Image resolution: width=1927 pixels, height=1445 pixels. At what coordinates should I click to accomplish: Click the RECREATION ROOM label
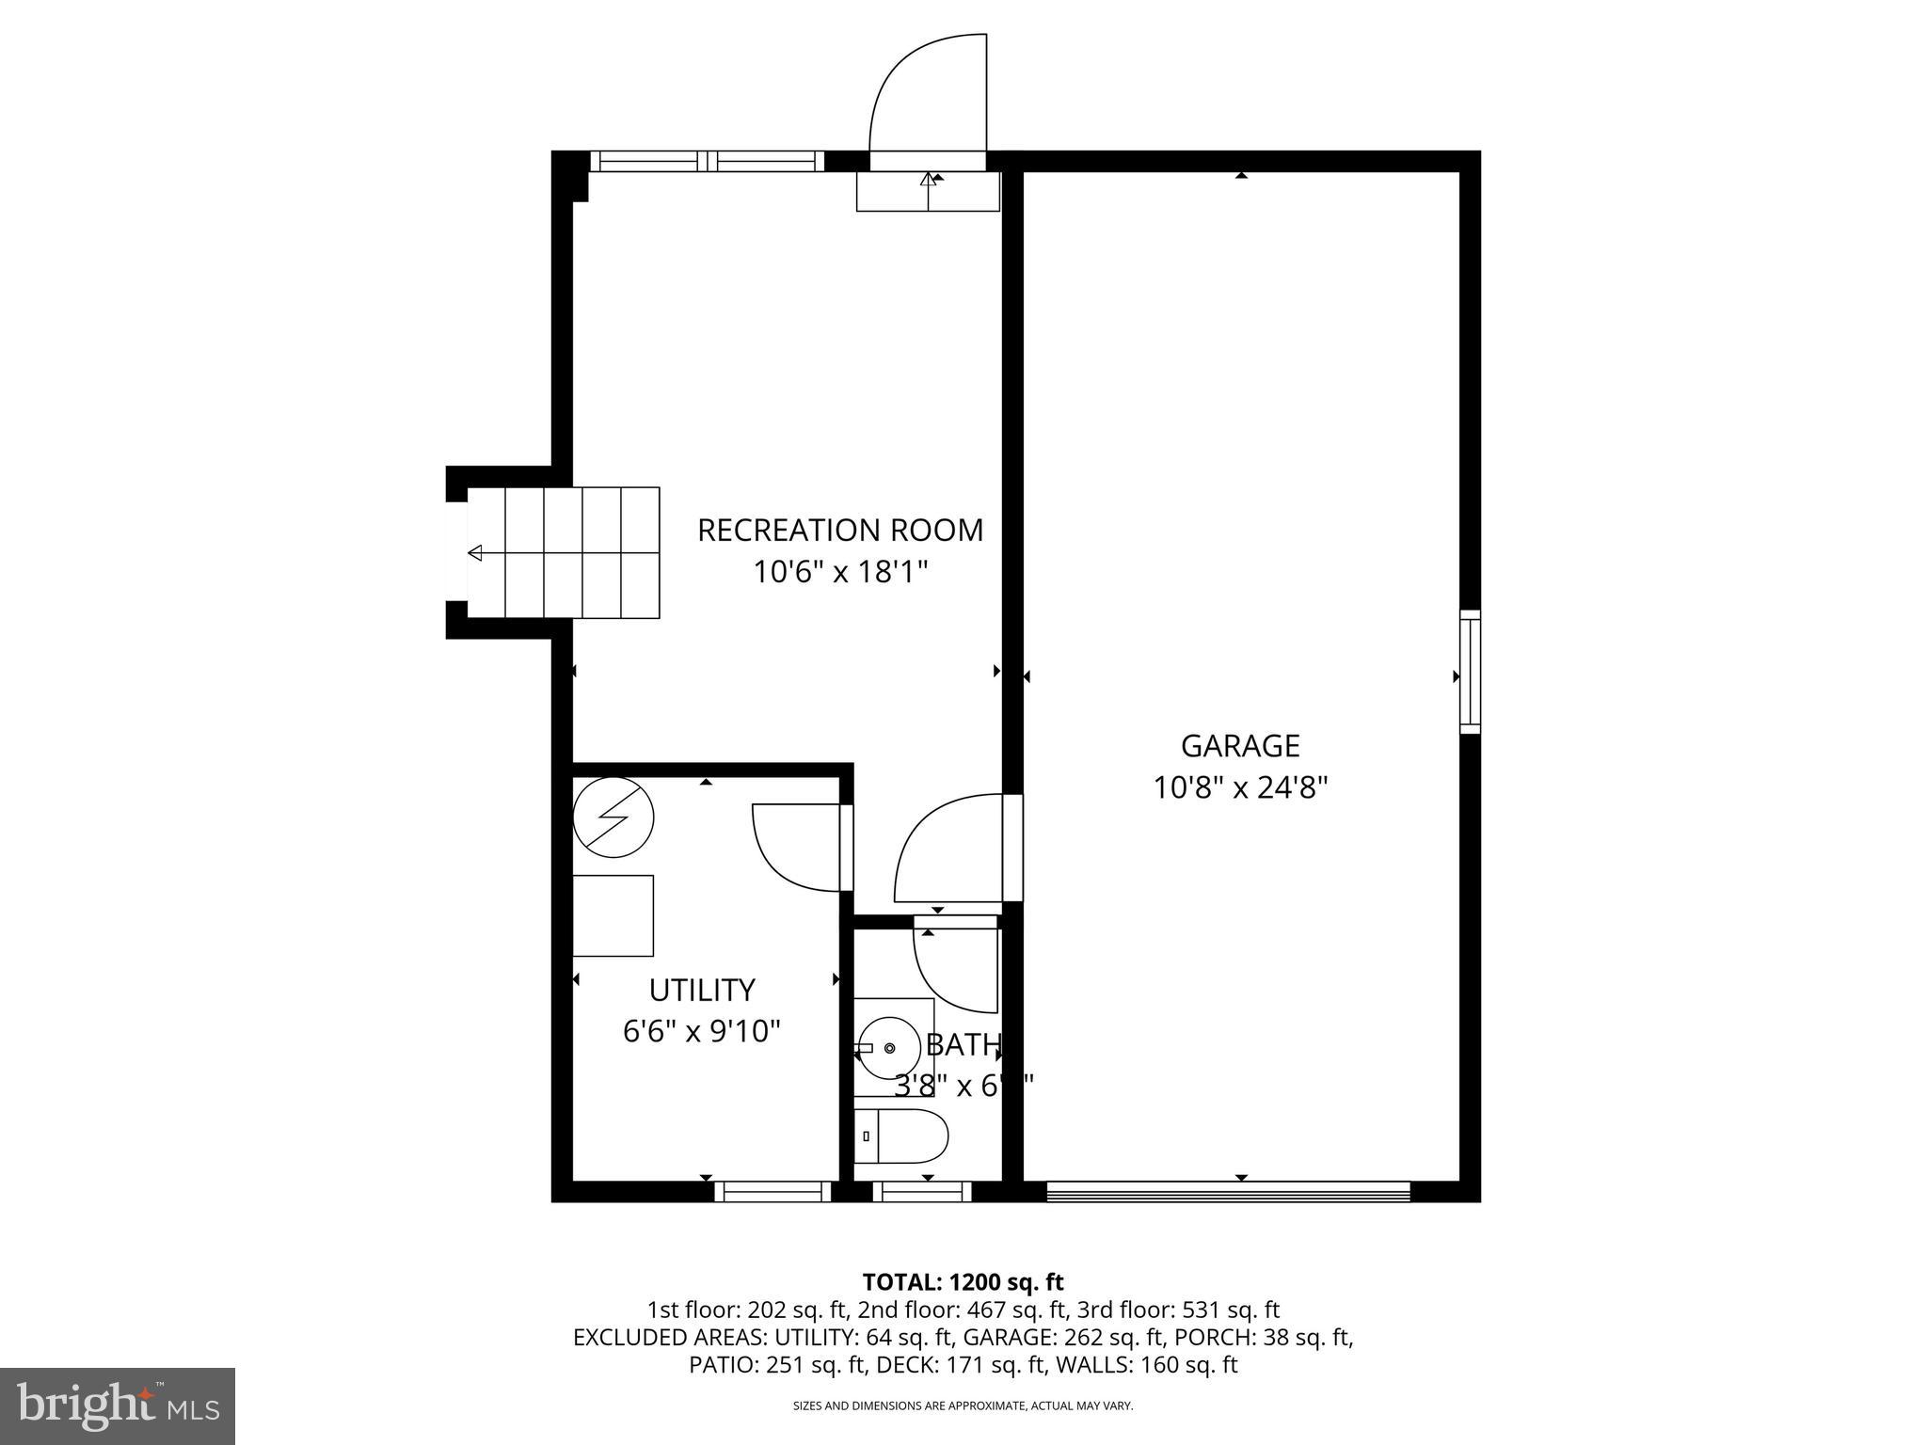[x=839, y=531]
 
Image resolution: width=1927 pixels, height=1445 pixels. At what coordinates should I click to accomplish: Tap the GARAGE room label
[x=1240, y=746]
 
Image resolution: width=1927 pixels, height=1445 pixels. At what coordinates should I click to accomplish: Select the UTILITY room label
[x=702, y=991]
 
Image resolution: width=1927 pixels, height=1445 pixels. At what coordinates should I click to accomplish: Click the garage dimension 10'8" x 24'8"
[x=1240, y=787]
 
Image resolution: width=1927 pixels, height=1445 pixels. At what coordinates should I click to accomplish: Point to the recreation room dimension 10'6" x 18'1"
[x=839, y=572]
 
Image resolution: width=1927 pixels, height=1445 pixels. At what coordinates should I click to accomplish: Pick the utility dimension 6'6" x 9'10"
[x=702, y=1032]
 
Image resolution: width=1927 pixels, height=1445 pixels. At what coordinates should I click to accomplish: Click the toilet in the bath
[x=901, y=1136]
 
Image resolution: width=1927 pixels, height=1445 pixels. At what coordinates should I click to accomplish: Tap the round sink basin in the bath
[x=890, y=1047]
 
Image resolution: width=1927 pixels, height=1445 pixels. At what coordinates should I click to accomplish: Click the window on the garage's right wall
[x=1470, y=672]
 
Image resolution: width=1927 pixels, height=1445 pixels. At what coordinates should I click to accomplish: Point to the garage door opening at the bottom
[x=1228, y=1192]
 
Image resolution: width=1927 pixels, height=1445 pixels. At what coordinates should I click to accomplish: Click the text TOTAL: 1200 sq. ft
[x=963, y=1282]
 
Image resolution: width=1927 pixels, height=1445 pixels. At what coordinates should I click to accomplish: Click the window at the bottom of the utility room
[x=772, y=1192]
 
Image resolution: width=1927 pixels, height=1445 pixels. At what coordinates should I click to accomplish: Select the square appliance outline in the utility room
[x=613, y=915]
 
